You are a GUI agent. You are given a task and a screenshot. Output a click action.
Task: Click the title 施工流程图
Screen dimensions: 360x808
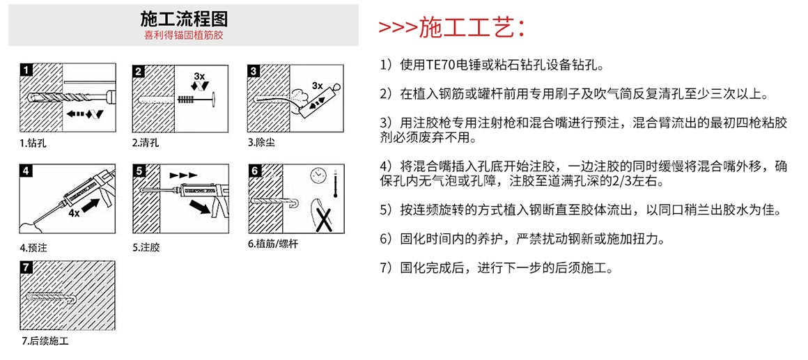click(x=183, y=19)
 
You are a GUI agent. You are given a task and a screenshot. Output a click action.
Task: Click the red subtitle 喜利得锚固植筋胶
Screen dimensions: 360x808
click(x=183, y=35)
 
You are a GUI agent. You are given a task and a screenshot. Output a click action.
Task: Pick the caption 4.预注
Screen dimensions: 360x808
click(x=33, y=247)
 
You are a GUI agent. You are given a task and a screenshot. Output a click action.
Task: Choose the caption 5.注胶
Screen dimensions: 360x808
click(x=146, y=247)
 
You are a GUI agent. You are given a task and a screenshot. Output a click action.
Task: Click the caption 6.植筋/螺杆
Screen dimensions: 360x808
click(x=272, y=244)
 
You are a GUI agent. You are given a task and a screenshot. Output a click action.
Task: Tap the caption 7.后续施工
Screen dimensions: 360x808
click(x=45, y=341)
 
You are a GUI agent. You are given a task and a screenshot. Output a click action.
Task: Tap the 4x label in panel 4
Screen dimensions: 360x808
click(x=75, y=213)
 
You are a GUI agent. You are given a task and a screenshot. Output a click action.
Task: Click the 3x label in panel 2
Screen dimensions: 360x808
click(x=199, y=75)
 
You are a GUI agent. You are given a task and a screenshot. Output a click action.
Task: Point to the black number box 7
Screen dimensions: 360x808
click(x=26, y=267)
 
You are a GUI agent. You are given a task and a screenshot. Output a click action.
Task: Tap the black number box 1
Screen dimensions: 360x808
click(x=26, y=70)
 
